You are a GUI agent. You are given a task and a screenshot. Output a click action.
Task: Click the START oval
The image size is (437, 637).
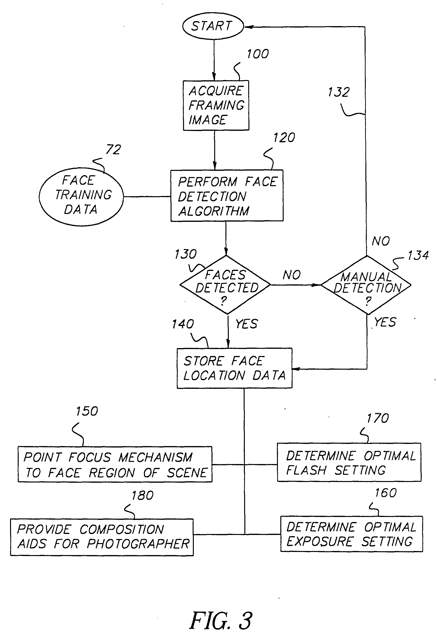click(213, 26)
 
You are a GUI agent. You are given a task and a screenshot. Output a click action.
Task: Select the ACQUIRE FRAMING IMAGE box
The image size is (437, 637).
click(216, 105)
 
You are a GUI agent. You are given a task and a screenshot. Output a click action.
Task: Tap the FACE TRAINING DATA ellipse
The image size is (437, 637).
click(81, 196)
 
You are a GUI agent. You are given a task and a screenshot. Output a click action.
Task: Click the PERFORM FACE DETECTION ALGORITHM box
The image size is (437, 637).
click(227, 196)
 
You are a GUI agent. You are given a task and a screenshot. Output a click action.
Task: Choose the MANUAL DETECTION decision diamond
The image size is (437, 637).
click(366, 285)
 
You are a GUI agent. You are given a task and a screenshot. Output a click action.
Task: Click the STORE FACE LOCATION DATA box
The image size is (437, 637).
click(234, 368)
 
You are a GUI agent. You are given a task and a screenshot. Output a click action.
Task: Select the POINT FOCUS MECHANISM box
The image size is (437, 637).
click(115, 465)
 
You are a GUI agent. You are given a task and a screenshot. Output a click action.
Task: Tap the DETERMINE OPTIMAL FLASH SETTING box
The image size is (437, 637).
click(349, 463)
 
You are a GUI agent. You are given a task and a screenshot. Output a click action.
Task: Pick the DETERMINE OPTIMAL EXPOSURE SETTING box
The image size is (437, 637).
click(351, 534)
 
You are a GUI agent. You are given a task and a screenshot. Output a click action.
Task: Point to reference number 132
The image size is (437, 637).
click(339, 92)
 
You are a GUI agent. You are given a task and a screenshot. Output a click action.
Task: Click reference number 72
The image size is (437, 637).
click(113, 150)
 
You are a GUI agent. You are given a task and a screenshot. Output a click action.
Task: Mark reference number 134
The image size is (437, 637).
click(418, 255)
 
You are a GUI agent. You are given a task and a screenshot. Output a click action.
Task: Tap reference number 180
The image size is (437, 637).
click(143, 496)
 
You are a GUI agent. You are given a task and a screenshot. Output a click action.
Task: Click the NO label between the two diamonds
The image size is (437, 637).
click(292, 275)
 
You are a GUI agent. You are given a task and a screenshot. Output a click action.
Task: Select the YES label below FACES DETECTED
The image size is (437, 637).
click(247, 324)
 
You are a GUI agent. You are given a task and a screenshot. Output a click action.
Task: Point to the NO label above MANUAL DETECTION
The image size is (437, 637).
click(381, 241)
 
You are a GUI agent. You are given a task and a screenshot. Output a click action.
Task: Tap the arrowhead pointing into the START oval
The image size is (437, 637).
click(248, 27)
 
